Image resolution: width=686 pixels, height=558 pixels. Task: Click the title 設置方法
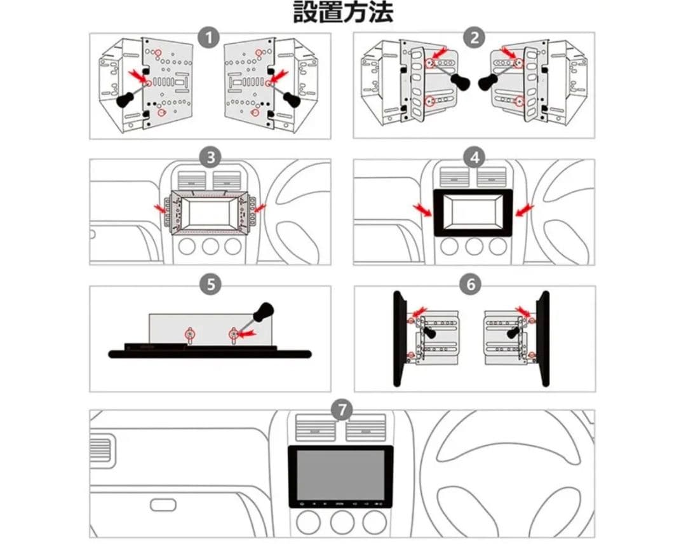tap(343, 12)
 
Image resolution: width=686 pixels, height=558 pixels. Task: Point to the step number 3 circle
tap(210, 157)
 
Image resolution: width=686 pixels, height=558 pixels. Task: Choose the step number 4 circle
tap(474, 157)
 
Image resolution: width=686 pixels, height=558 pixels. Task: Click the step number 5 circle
tap(210, 284)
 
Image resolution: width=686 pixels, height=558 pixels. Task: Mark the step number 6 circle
tap(470, 284)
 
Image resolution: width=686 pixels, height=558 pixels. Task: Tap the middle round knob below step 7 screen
tap(342, 522)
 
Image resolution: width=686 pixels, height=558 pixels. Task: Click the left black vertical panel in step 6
tap(400, 338)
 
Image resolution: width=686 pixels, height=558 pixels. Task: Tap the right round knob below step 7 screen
tap(375, 522)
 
